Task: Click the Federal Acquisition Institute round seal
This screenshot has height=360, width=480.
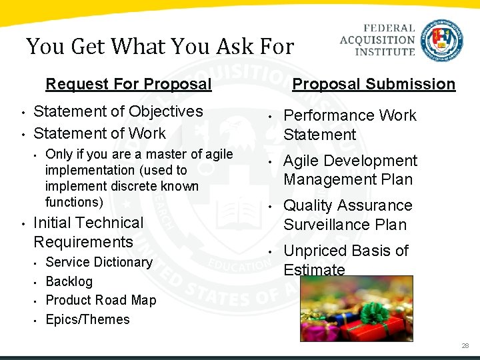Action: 442,41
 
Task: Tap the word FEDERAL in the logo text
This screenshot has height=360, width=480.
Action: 389,29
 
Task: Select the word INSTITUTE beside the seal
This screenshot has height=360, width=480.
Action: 386,51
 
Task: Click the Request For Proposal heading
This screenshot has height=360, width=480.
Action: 128,84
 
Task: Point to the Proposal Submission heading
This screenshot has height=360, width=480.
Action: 374,84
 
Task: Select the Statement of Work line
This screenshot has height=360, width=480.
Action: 99,133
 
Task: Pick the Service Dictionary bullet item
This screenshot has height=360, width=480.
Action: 99,262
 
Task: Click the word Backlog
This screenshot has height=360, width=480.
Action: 69,281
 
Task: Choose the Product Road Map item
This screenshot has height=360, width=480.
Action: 101,300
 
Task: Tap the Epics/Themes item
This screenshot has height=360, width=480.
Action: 87,319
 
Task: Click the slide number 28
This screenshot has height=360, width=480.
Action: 465,346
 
